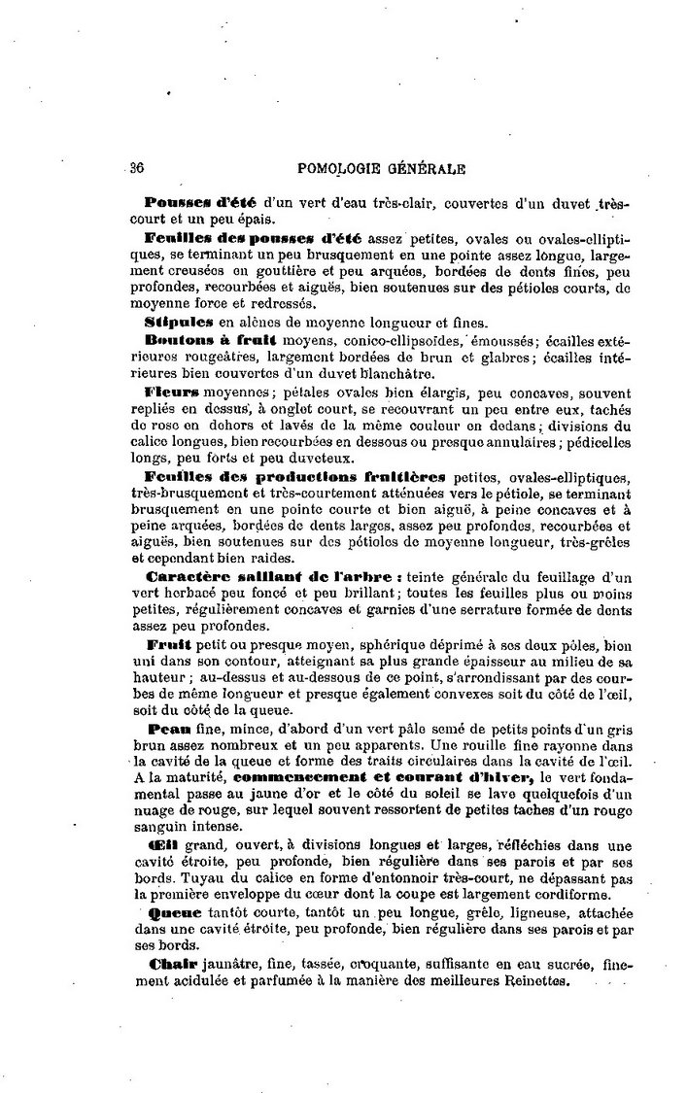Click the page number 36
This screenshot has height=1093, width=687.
(136, 167)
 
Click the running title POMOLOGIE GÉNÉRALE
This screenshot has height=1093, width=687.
(383, 167)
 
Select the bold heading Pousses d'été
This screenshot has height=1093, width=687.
(200, 202)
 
